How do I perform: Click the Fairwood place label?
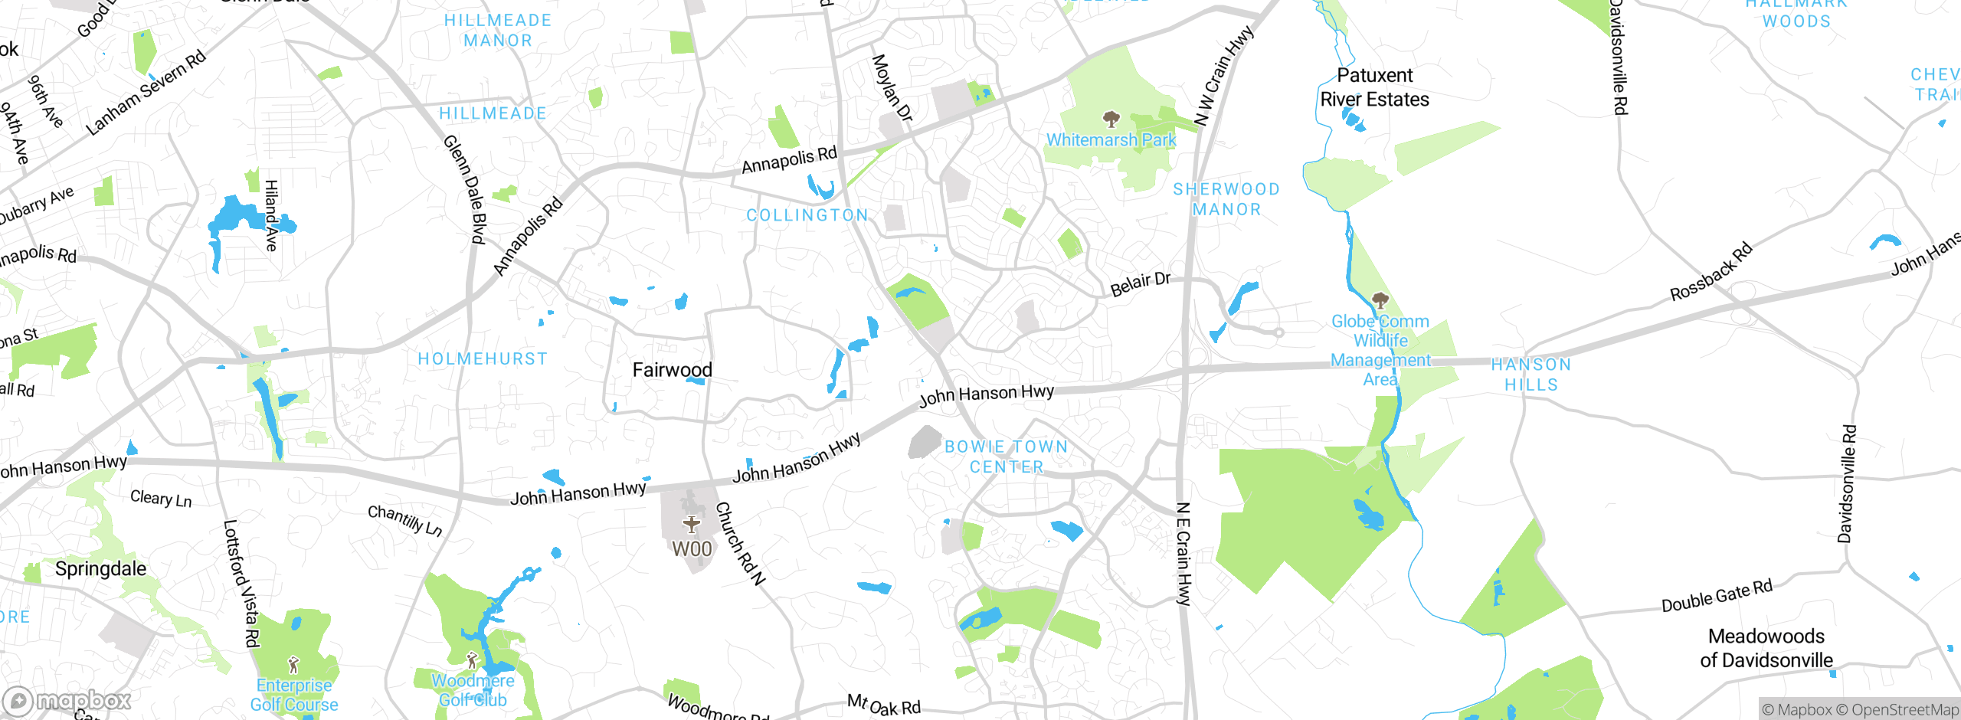tap(672, 370)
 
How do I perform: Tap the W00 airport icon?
tap(691, 525)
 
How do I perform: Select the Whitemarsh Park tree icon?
tap(1111, 119)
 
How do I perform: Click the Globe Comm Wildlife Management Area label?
tap(1380, 350)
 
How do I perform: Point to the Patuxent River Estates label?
tap(1375, 87)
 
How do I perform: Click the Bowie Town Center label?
tap(1006, 457)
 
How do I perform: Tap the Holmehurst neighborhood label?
tap(483, 358)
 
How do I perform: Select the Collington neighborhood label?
tap(807, 215)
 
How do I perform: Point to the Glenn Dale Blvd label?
tap(465, 190)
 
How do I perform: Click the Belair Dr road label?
tap(1140, 283)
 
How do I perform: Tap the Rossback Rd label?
tap(1711, 271)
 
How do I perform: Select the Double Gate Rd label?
tap(1717, 596)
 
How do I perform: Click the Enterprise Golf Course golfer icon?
tap(293, 664)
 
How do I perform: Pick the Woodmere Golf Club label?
tap(473, 690)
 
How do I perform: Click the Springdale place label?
tap(100, 568)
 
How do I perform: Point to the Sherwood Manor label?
tap(1226, 199)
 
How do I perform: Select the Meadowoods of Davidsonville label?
tap(1766, 648)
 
